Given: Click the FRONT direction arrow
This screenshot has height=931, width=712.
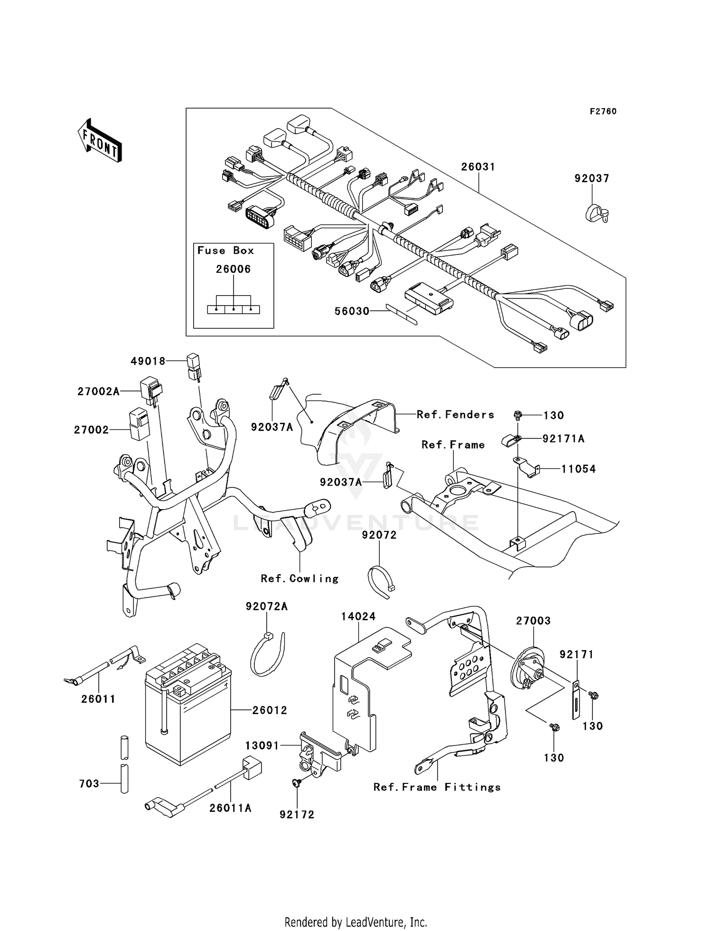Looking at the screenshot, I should (99, 140).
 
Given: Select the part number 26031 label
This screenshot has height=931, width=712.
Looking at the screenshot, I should (478, 167).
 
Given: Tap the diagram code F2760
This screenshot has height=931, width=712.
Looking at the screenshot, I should (603, 112).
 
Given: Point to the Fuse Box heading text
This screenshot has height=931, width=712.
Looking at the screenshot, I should (225, 251).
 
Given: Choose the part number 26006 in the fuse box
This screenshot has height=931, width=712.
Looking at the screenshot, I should (233, 269).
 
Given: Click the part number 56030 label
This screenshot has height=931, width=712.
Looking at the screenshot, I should (352, 311).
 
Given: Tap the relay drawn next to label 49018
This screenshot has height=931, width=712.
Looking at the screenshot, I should (193, 366).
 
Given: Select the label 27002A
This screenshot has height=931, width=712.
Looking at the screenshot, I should (98, 391).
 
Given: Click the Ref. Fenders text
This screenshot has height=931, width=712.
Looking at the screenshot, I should (455, 415).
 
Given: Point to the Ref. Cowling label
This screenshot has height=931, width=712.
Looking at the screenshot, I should (300, 579).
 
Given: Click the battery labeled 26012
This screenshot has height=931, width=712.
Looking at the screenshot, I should (188, 705).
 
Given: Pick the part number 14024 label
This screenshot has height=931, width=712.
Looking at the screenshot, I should (358, 616).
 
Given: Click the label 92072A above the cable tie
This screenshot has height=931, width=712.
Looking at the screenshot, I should (266, 606).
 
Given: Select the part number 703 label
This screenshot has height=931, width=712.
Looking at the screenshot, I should (89, 783).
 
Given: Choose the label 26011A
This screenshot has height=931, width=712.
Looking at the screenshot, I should (230, 808).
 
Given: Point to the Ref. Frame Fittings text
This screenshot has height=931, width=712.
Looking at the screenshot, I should (437, 787).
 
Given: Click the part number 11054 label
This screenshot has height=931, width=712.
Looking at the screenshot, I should (578, 469).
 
